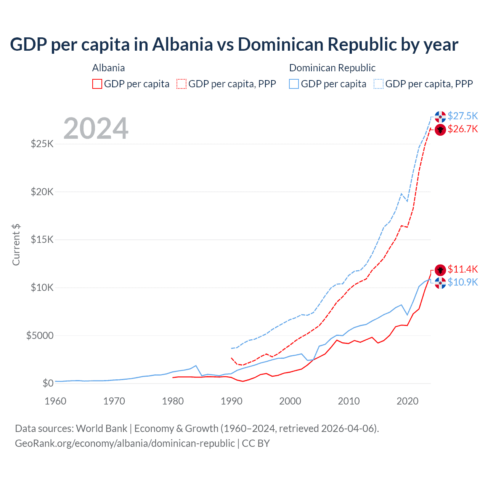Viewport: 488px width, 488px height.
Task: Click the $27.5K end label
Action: click(x=462, y=116)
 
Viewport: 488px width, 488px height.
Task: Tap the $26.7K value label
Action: click(x=462, y=129)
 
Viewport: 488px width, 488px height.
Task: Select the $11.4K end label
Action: click(x=462, y=269)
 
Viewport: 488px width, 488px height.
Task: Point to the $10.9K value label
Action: click(x=462, y=282)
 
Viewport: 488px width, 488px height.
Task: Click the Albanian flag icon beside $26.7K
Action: click(x=440, y=130)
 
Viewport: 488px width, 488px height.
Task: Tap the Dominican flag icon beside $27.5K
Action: click(x=440, y=117)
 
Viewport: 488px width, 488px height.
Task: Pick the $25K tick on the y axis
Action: click(x=42, y=144)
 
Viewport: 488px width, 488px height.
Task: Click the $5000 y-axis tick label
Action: click(x=40, y=335)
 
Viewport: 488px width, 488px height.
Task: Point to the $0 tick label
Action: click(x=48, y=383)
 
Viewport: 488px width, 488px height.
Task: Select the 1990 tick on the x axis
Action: click(x=231, y=401)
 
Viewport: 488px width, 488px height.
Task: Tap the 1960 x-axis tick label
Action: click(x=56, y=401)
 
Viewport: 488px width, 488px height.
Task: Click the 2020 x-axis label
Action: click(x=408, y=401)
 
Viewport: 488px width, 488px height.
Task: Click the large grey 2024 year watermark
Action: click(x=96, y=128)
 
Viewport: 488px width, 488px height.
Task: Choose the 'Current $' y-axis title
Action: click(x=16, y=245)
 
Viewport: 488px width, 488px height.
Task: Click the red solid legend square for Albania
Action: click(x=97, y=84)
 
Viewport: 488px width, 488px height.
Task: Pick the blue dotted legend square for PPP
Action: click(x=379, y=84)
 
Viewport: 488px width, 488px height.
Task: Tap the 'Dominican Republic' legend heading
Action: click(x=332, y=68)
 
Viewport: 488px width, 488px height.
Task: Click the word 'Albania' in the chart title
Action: click(x=182, y=44)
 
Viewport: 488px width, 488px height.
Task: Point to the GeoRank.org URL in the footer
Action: click(x=125, y=443)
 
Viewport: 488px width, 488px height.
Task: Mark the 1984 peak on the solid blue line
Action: click(x=196, y=366)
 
